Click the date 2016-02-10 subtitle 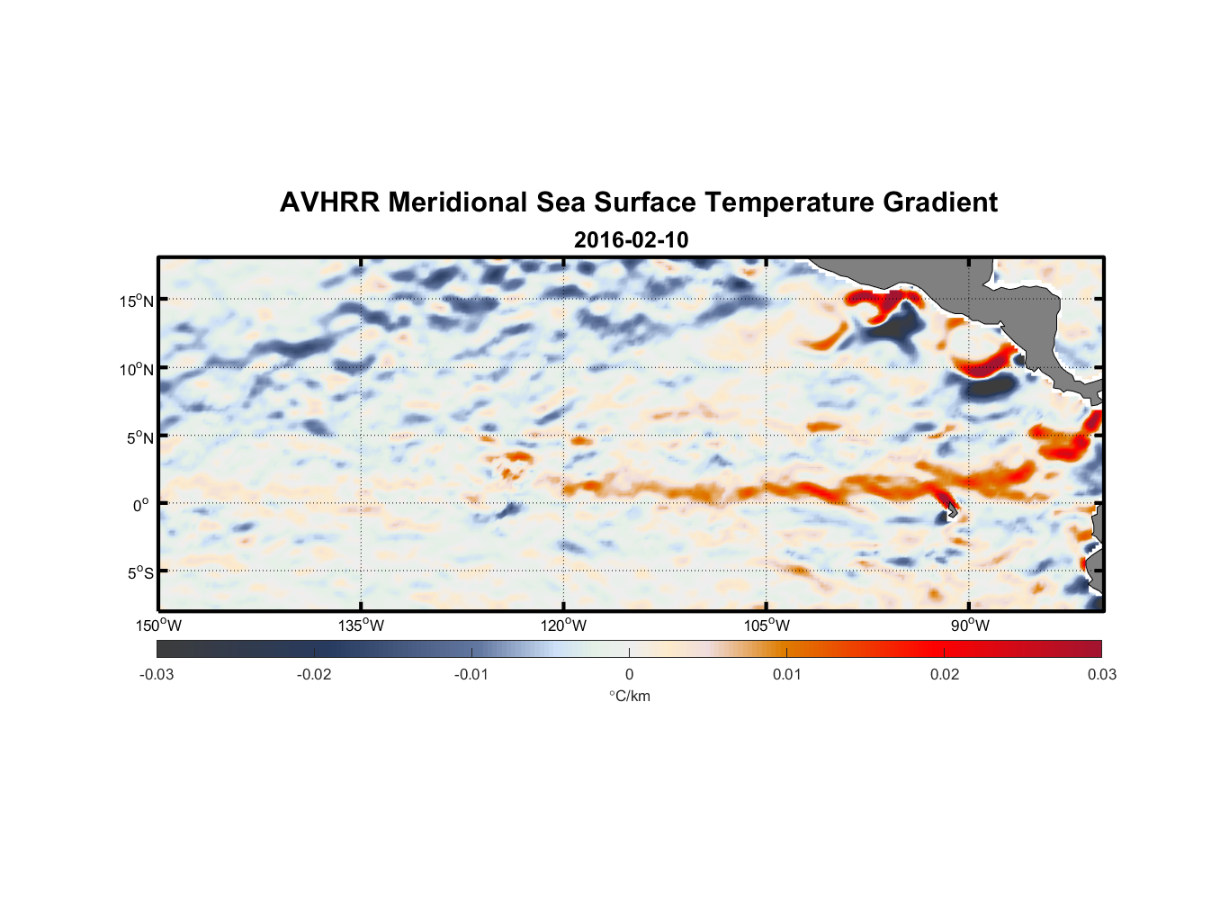pyautogui.click(x=631, y=240)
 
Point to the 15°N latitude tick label pyautogui.click(x=136, y=301)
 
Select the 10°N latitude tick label pyautogui.click(x=136, y=369)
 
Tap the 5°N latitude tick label pyautogui.click(x=139, y=437)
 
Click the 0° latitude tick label pyautogui.click(x=141, y=505)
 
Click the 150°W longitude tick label pyautogui.click(x=159, y=625)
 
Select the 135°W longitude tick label pyautogui.click(x=362, y=625)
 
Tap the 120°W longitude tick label pyautogui.click(x=564, y=625)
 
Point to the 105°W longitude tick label pyautogui.click(x=767, y=625)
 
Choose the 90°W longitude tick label pyautogui.click(x=970, y=625)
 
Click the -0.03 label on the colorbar pyautogui.click(x=157, y=674)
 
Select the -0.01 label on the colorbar pyautogui.click(x=471, y=674)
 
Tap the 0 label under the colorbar pyautogui.click(x=629, y=674)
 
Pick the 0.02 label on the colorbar pyautogui.click(x=945, y=674)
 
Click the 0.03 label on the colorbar pyautogui.click(x=1101, y=674)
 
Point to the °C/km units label pyautogui.click(x=629, y=696)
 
